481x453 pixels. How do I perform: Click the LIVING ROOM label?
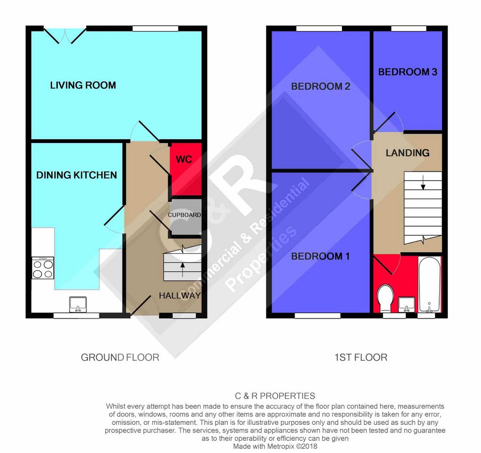point(83,85)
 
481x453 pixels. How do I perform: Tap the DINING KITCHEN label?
point(77,175)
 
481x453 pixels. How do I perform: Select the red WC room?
point(186,169)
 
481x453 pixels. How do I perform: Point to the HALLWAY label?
point(180,295)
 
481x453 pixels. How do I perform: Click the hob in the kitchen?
point(43,268)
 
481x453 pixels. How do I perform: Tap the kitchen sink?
point(78,304)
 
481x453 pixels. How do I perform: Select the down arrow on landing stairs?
point(423,182)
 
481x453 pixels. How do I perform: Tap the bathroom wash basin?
point(406,304)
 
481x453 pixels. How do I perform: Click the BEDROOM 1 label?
point(320,257)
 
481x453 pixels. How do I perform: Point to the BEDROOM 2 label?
point(320,86)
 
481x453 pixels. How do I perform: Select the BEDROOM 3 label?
point(408,72)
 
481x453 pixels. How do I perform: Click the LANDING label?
point(408,153)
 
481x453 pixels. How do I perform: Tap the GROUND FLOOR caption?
point(120,357)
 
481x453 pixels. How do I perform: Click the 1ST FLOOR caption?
point(361,357)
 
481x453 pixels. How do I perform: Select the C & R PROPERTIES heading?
point(275,396)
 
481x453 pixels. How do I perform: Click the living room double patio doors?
point(65,36)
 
